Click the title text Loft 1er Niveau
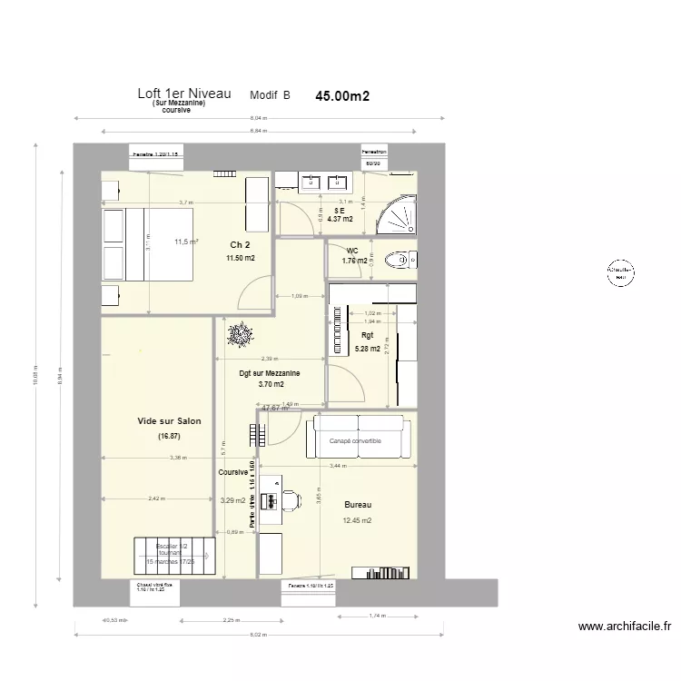click(x=183, y=94)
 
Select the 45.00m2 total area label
click(x=342, y=95)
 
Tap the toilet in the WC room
click(x=400, y=261)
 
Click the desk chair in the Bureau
click(x=290, y=499)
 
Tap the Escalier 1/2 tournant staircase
click(x=174, y=555)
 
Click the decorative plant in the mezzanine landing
click(x=240, y=336)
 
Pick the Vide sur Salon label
click(x=169, y=421)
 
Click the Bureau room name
click(x=357, y=505)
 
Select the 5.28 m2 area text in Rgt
click(x=366, y=348)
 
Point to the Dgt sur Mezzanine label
click(x=270, y=372)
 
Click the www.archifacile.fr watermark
click(x=624, y=626)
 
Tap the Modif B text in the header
click(x=270, y=95)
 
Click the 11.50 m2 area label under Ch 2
click(x=240, y=258)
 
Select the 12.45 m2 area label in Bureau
click(x=357, y=521)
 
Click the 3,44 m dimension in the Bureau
click(x=338, y=466)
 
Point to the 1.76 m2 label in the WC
click(x=355, y=262)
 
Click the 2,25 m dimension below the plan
click(x=232, y=621)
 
